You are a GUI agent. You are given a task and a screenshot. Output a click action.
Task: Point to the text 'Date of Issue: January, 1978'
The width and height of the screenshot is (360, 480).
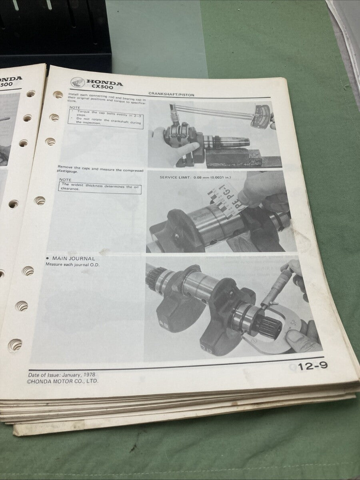(62, 375)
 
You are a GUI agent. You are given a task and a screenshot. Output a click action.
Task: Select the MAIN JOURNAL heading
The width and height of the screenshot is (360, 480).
(72, 259)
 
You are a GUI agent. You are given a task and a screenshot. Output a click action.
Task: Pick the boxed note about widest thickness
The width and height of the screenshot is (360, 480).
(100, 187)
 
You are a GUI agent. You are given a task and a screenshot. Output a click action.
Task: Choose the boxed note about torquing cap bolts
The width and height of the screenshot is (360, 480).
(104, 119)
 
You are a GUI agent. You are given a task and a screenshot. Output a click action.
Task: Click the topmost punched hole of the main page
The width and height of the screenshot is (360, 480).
(58, 95)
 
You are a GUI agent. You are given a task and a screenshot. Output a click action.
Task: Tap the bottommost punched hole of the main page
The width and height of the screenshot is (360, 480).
(15, 344)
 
